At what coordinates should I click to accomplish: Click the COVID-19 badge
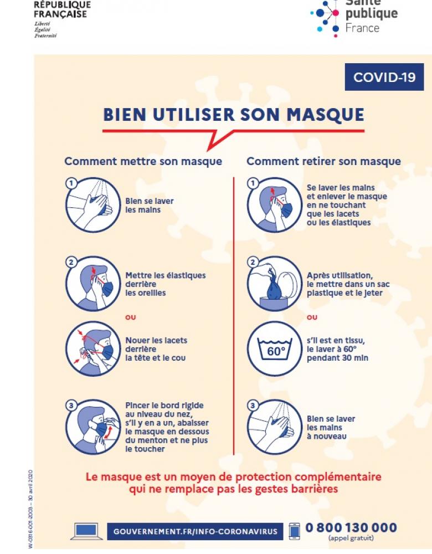(x=384, y=77)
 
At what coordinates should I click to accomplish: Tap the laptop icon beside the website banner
(x=84, y=531)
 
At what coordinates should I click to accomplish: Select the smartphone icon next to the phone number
(x=295, y=530)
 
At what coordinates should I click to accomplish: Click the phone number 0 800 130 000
(x=351, y=527)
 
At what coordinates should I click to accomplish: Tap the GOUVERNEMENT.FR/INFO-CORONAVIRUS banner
(x=196, y=531)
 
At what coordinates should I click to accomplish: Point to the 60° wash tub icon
(x=274, y=350)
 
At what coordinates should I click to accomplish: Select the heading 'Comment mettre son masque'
(x=143, y=161)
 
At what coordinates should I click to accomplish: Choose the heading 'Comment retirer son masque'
(x=323, y=161)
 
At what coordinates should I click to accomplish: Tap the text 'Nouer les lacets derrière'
(x=156, y=345)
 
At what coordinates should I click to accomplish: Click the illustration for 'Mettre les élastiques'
(x=93, y=283)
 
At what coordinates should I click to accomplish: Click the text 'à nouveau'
(x=326, y=436)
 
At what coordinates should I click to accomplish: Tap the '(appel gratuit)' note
(x=351, y=538)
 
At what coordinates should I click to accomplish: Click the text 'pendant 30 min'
(x=337, y=358)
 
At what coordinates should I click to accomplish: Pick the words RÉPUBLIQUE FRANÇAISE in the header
(x=62, y=9)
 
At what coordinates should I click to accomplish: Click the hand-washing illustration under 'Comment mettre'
(x=93, y=204)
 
